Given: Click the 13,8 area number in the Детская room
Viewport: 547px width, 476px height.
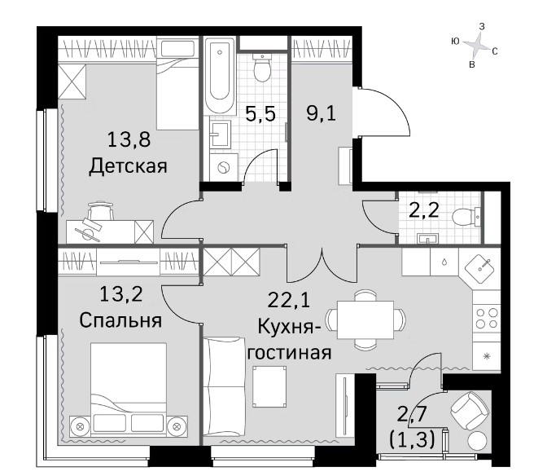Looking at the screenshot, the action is [129, 139].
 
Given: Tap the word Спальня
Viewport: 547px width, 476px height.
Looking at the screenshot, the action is [120, 320].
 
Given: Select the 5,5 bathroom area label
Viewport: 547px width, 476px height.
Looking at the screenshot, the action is [260, 113].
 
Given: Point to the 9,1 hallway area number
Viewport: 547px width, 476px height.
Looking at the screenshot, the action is [322, 113].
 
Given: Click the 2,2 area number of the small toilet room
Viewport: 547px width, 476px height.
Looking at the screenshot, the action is [423, 210].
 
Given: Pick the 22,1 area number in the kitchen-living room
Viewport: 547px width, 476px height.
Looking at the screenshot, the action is [288, 300].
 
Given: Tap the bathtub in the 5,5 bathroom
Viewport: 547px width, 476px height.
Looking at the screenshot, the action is [220, 76].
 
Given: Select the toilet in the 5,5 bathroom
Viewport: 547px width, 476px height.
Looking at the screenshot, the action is [262, 68].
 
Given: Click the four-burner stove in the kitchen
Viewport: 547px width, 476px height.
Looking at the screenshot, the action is [487, 318].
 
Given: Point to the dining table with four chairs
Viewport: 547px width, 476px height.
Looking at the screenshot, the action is [365, 320].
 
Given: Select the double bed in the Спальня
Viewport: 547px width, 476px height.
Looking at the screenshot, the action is [129, 390].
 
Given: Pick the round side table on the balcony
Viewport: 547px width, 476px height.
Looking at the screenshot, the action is [477, 442].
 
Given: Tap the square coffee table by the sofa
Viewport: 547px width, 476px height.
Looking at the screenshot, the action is [270, 386].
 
